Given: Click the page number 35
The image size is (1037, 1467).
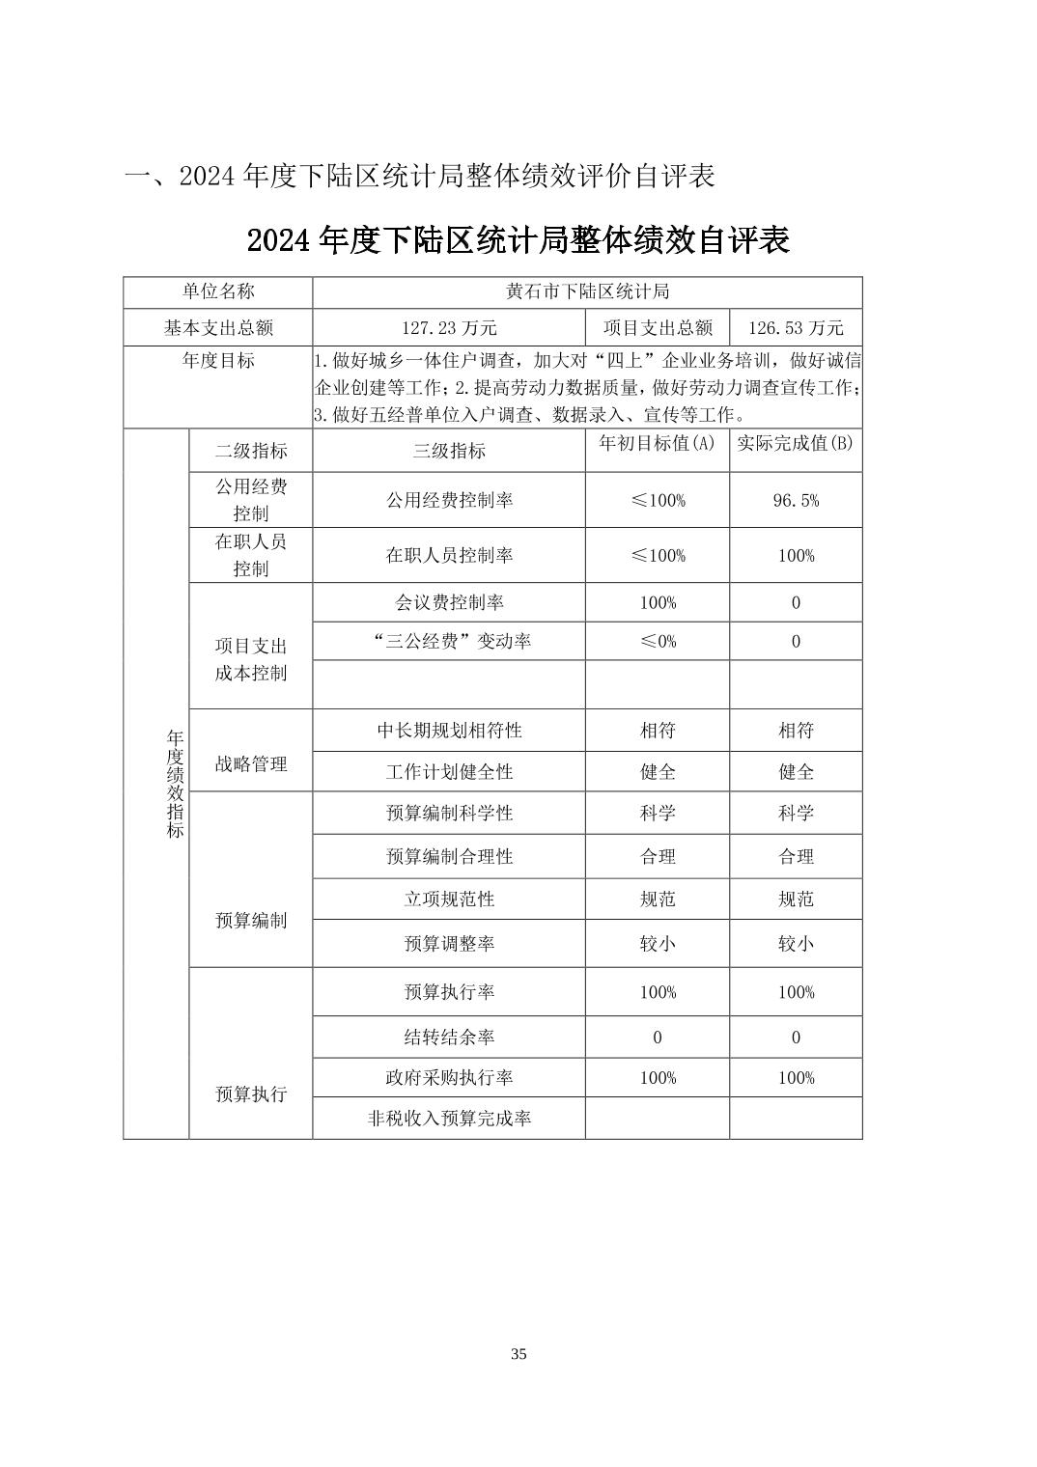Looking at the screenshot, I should pos(518,1354).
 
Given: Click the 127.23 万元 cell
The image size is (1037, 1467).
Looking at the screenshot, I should pos(449,328).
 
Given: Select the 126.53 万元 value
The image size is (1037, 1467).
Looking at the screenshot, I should pos(796,328).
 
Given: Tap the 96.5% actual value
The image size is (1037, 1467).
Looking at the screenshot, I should pos(796,500).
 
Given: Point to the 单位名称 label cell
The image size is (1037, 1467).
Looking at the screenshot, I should pos(218,291).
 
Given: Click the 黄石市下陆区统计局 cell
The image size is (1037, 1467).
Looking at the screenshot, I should pos(587,291).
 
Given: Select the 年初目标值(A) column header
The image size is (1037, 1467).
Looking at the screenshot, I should pos(658,443).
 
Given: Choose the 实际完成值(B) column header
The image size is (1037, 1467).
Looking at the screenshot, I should pos(796,443).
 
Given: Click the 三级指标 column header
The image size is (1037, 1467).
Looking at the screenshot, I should pos(449,451).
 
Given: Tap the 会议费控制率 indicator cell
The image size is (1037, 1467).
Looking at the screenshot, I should pos(449,602).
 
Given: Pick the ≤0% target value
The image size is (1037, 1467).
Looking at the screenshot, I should pos(658,641).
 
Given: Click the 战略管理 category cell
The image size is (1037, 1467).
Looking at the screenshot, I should pos(251,763).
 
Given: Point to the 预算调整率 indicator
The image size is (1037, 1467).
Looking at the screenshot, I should pos(449,943).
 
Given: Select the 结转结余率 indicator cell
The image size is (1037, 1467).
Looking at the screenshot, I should pos(449,1038).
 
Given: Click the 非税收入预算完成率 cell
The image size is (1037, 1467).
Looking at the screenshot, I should pos(449,1119).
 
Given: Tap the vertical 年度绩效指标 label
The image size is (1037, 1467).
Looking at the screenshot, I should pos(175,784).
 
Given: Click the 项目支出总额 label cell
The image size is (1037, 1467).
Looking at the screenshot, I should pos(658,328).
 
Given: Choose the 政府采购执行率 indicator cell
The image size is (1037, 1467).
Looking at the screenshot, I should pos(449,1078).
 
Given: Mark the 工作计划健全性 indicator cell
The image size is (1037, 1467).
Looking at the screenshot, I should pos(449,772).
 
